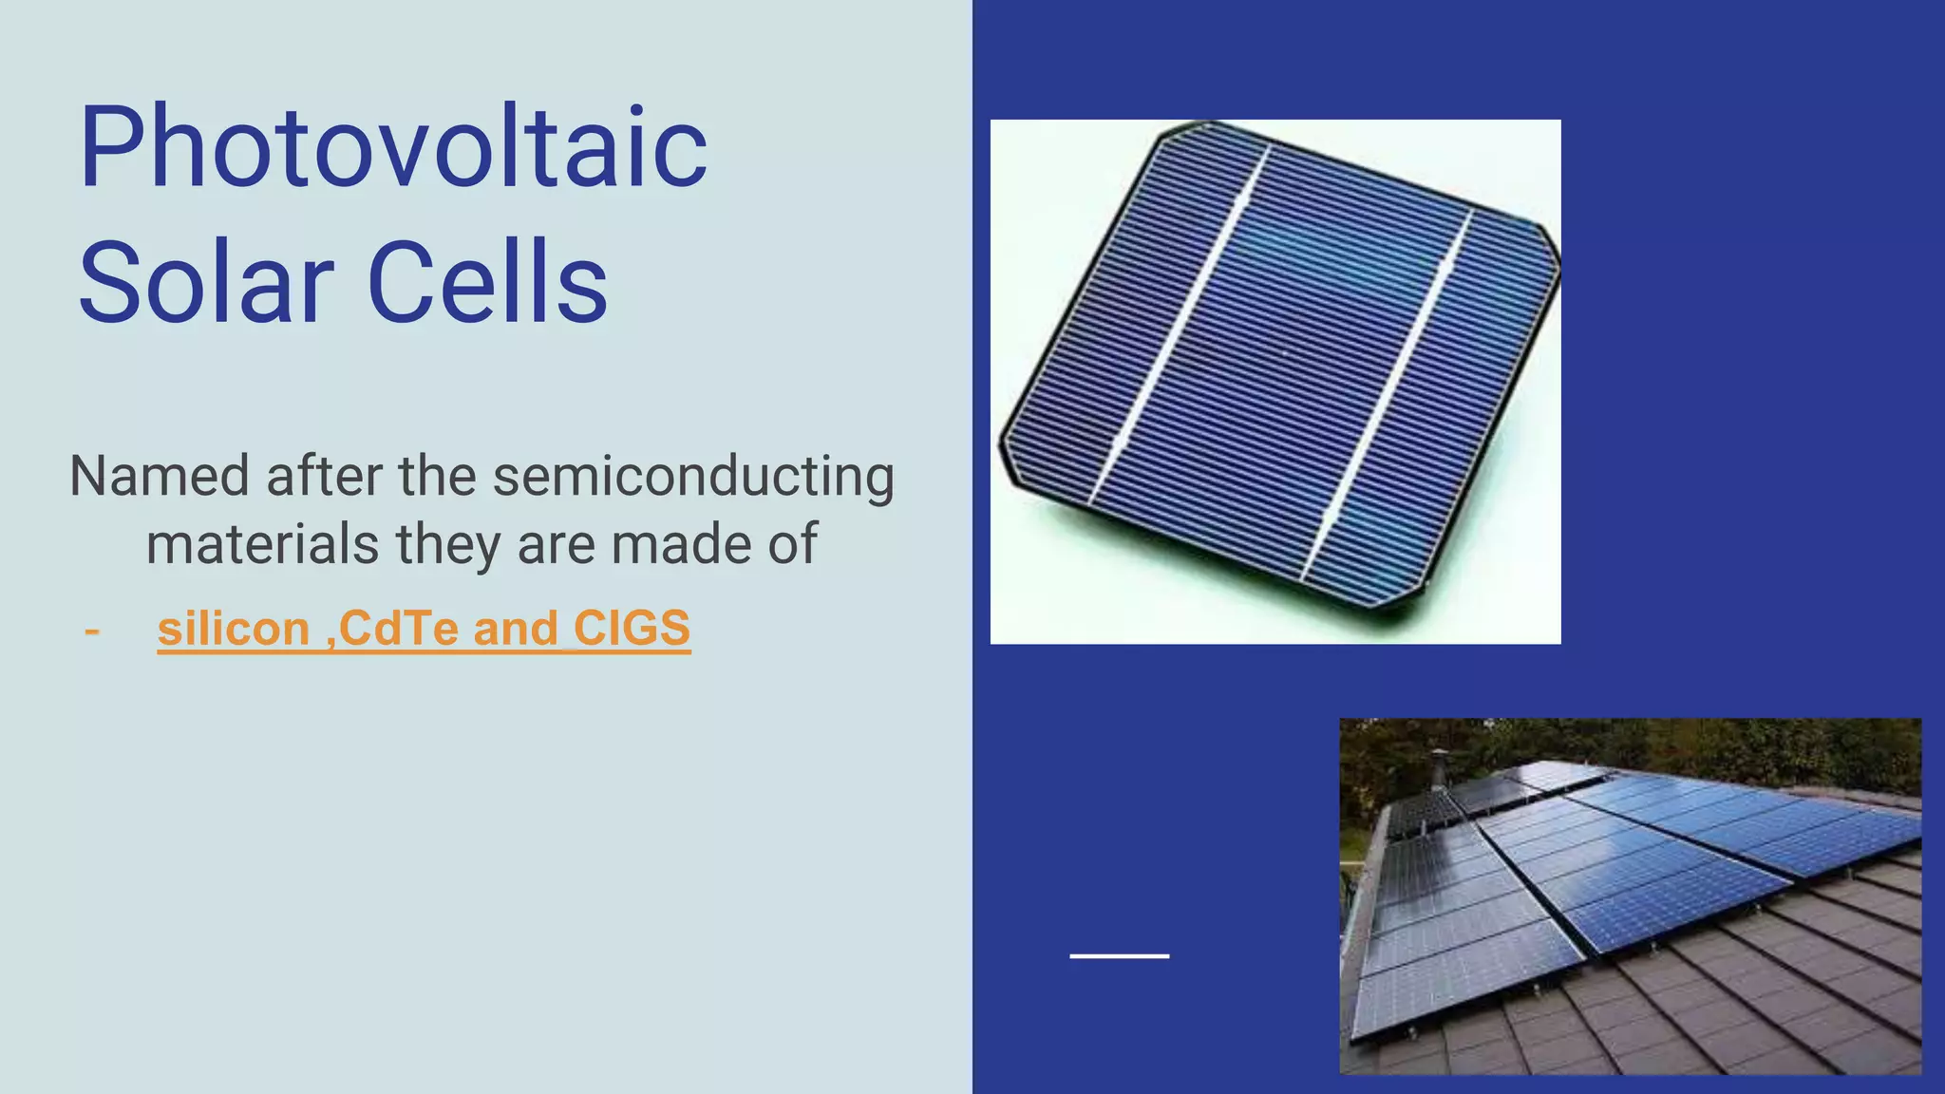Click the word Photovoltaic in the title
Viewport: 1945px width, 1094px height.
(x=393, y=149)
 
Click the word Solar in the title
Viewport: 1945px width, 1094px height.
(x=205, y=283)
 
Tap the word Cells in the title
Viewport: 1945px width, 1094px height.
(x=487, y=283)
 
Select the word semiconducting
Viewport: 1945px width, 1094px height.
(x=693, y=477)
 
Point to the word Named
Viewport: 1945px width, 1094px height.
(x=159, y=477)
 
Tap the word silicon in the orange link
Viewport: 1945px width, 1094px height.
(x=234, y=630)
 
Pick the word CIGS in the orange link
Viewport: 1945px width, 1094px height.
(x=632, y=630)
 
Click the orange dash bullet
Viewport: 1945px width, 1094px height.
(x=92, y=630)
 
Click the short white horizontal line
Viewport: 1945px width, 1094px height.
(x=1119, y=955)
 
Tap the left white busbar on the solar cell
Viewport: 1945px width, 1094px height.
(x=1178, y=328)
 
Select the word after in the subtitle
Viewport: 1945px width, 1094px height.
(x=323, y=477)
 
